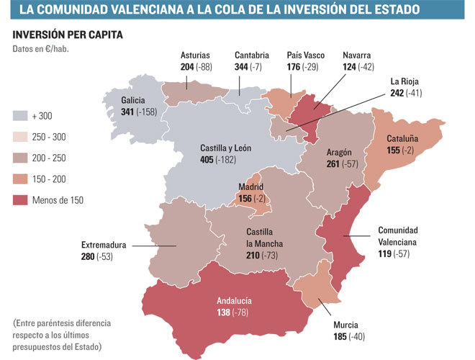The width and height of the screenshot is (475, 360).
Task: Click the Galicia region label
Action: (133, 102)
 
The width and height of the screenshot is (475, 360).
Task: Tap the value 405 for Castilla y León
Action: (207, 160)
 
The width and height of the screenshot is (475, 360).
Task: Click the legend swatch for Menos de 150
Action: (21, 200)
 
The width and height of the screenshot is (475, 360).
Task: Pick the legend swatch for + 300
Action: (21, 115)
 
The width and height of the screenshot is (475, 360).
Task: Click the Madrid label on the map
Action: (251, 187)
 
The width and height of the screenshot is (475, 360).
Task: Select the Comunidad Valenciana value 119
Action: (385, 254)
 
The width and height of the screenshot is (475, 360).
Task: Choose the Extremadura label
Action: (104, 245)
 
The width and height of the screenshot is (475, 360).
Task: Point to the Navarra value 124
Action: (350, 67)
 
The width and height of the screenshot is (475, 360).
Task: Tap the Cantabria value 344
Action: (243, 67)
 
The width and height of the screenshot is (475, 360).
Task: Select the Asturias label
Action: (196, 55)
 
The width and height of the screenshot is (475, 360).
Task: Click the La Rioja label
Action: (405, 81)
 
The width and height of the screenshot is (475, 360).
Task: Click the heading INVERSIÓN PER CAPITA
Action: (68, 35)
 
